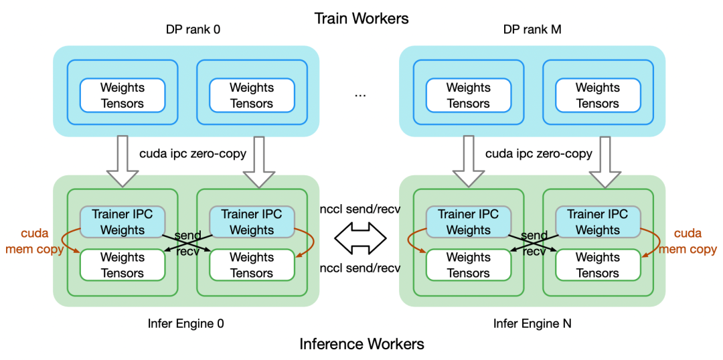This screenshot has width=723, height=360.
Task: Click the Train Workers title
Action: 361,18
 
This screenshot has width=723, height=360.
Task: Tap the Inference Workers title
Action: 361,344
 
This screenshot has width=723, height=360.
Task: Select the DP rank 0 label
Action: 193,31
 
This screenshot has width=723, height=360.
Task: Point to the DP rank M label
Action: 531,31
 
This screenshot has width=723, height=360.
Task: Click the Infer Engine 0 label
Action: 186,323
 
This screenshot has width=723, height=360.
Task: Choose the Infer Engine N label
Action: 532,323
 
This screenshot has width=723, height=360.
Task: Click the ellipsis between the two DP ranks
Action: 360,94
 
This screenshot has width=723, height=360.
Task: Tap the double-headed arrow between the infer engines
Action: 360,236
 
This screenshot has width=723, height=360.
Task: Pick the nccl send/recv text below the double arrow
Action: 361,268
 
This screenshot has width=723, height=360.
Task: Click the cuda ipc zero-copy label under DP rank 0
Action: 193,154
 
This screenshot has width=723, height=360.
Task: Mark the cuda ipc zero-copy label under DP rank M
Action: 539,154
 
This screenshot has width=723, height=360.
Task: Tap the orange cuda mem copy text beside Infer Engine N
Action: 688,241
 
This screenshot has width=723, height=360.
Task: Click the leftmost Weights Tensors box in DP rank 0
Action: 122,95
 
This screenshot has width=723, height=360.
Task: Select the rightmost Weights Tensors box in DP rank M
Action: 597,95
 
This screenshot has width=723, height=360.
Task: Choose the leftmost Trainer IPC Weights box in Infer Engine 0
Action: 122,222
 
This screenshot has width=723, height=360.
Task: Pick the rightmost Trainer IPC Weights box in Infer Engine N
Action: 597,222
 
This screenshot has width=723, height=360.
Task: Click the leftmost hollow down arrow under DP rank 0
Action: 122,161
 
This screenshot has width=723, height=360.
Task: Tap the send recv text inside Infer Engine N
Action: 534,243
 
